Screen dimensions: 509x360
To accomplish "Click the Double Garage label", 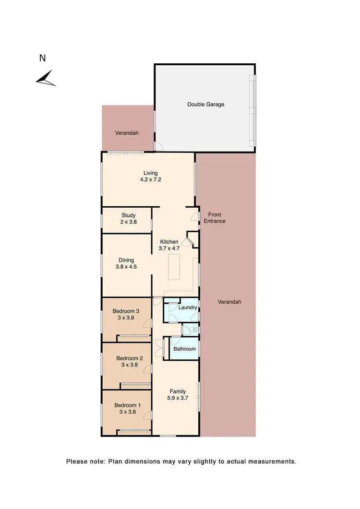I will point(205,104).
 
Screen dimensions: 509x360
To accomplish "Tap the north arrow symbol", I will point(46,78).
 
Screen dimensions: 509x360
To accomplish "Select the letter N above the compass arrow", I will point(42,59).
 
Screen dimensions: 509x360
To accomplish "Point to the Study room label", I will point(129,215).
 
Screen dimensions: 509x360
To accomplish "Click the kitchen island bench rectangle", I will point(174,267).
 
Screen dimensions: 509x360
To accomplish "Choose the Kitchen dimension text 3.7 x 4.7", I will point(168,249).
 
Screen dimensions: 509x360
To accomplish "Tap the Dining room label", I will point(127,260).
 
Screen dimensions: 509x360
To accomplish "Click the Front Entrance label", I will point(214,218).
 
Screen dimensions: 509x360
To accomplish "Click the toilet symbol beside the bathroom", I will point(192,330).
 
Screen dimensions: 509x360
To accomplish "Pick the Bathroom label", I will point(184,349).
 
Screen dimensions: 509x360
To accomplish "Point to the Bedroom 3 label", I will point(122,310).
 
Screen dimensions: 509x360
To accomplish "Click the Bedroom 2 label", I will point(130,358).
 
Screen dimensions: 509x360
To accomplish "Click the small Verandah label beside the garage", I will point(126,133).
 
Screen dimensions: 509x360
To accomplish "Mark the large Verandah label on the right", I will point(229,302).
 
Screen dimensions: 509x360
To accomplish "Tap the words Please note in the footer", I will point(82,462).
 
